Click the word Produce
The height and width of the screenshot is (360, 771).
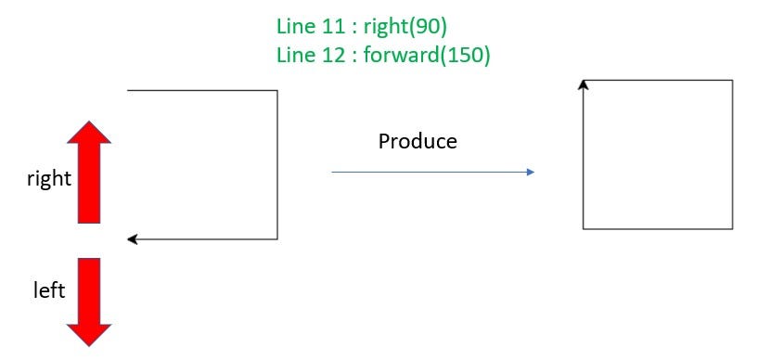(418, 142)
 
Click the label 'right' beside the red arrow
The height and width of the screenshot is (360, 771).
(49, 178)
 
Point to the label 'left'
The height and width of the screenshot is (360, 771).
(49, 291)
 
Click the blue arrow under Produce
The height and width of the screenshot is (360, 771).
(432, 172)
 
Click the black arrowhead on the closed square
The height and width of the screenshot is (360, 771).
(584, 84)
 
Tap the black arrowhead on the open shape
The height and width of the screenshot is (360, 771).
(132, 239)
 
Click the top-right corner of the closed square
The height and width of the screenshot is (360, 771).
(733, 80)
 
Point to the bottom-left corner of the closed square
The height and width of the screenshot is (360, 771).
(584, 228)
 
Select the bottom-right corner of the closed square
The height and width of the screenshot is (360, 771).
(733, 228)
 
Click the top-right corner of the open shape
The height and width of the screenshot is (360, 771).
(277, 90)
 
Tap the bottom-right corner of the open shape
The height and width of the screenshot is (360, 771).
(277, 239)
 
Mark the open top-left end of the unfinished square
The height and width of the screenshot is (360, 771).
(128, 90)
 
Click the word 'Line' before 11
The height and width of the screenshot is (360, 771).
(295, 26)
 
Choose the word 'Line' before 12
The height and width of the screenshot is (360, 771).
(295, 56)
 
